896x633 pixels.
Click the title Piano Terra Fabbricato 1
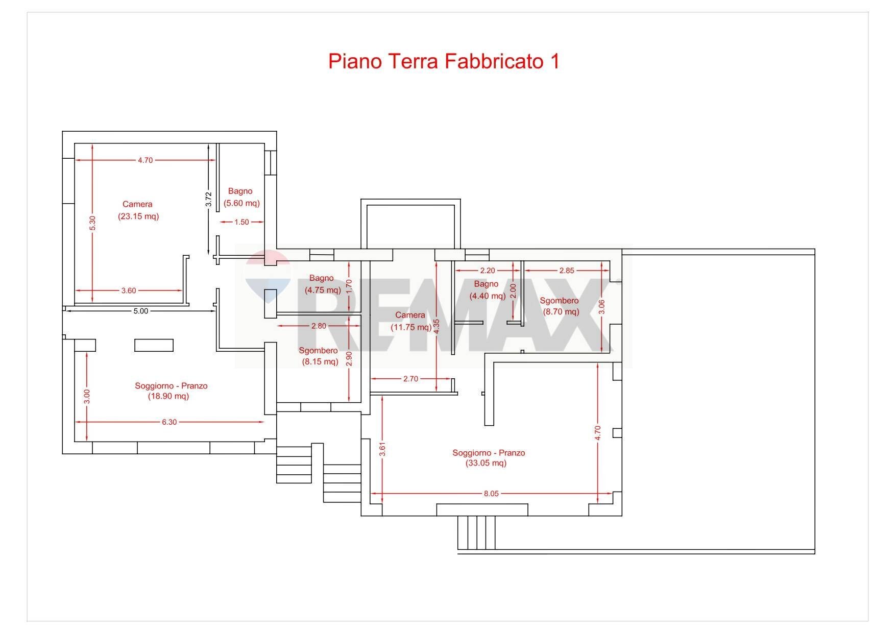[443, 61]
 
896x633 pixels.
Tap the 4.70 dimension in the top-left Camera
[145, 160]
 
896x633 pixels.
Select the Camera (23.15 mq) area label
[138, 210]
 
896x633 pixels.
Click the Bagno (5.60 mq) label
[241, 197]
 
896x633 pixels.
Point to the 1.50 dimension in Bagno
[241, 222]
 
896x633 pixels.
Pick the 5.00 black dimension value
[140, 311]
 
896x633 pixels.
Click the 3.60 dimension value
[129, 290]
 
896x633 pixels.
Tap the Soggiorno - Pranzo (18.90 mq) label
[171, 391]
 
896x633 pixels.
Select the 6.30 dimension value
[169, 422]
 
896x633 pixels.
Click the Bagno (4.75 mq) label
[322, 284]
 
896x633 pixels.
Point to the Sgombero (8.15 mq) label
[319, 356]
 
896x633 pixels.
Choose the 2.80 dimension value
[319, 326]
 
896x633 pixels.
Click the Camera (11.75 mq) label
[410, 321]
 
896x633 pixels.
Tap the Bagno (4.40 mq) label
[487, 290]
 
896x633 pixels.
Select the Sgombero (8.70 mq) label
[560, 306]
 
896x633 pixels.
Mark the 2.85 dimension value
[567, 271]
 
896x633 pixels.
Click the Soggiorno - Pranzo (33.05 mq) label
[488, 458]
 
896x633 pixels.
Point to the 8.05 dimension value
[491, 494]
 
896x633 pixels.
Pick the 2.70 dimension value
[410, 379]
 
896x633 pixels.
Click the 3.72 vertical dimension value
[208, 199]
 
